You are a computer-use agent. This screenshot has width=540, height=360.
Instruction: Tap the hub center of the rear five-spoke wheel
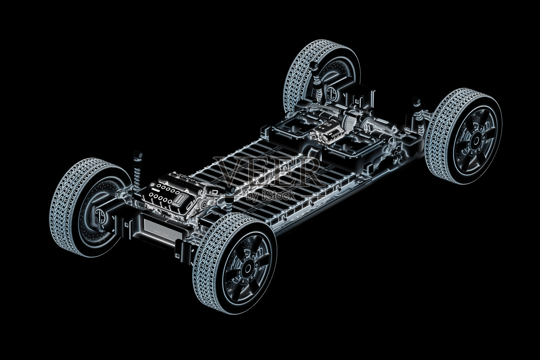(476, 141)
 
